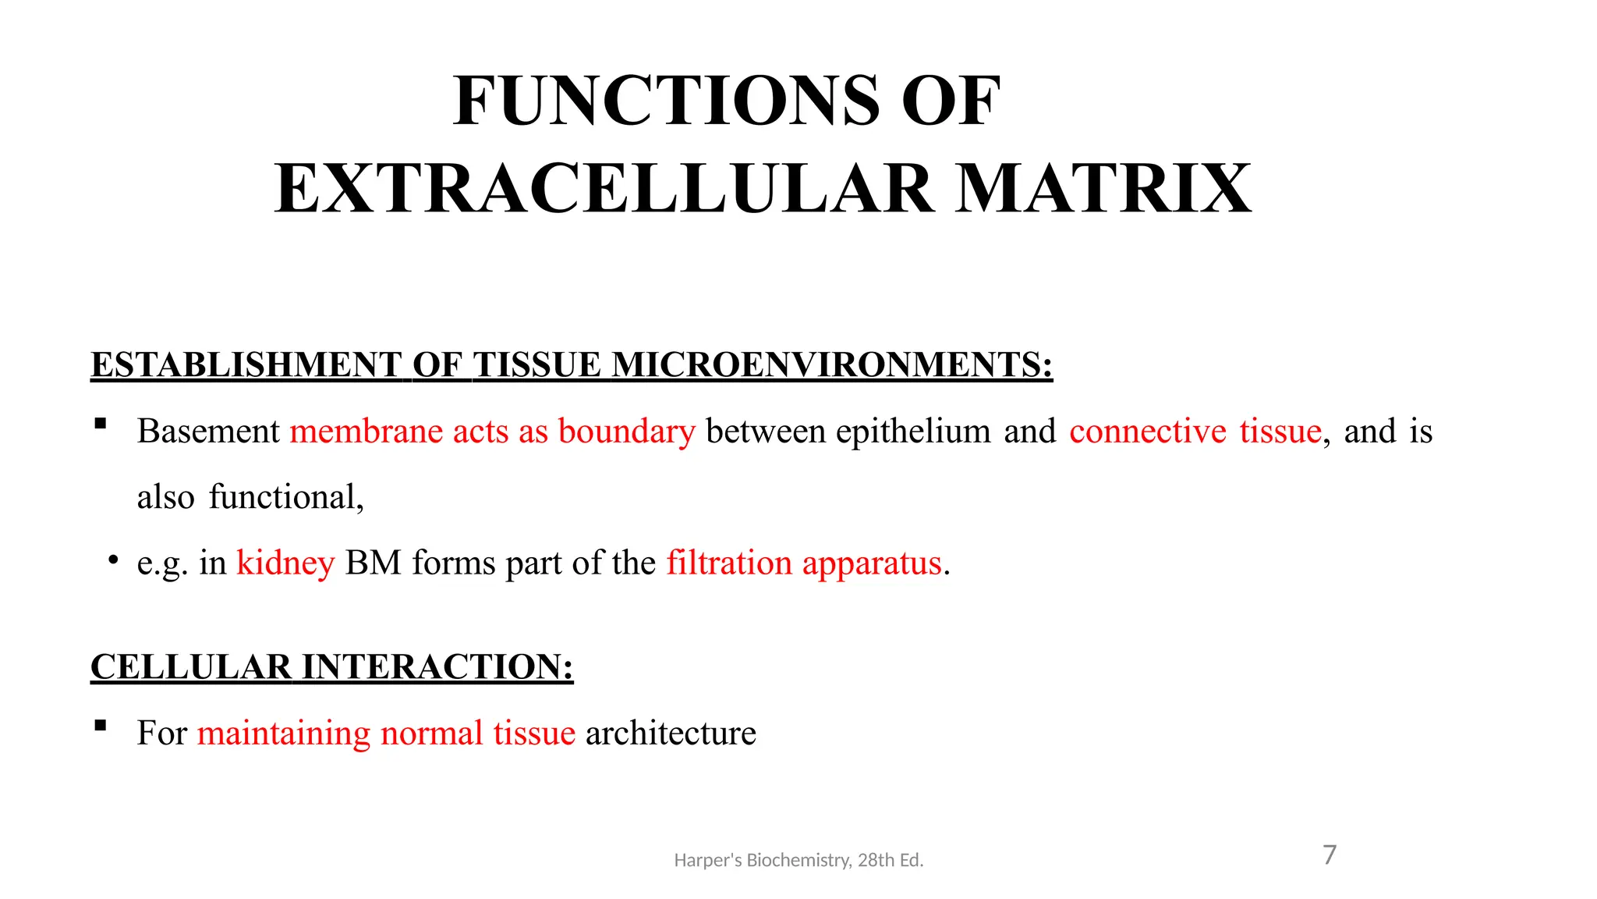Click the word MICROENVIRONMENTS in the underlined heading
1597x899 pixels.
832,365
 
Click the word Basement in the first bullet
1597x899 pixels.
208,432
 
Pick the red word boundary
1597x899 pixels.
626,432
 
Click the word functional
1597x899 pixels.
286,497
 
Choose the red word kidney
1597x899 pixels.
285,563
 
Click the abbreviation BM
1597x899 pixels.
373,563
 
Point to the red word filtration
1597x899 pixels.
729,563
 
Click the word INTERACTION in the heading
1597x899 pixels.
437,667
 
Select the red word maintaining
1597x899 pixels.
284,734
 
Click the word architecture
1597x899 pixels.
671,734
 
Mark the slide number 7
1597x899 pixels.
1330,855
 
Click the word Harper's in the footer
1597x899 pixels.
708,860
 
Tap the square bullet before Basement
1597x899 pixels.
100,425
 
